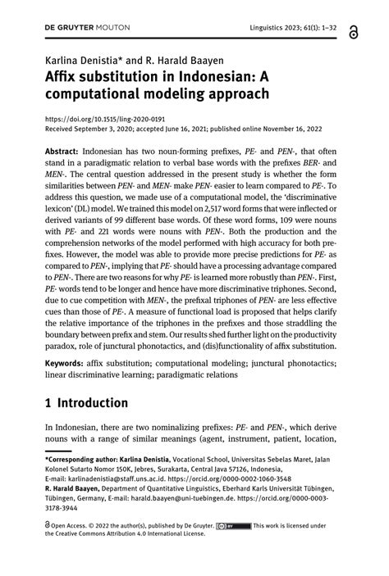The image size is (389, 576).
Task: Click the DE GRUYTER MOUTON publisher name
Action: pos(80,29)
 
